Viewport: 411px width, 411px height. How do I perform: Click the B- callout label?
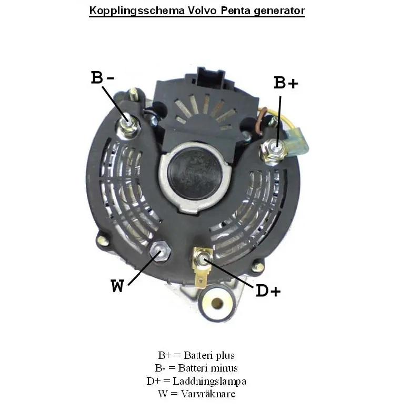(103, 78)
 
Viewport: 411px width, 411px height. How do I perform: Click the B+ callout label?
(286, 83)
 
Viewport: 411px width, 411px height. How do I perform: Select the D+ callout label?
(268, 290)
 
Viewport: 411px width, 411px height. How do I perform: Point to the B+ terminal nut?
(274, 149)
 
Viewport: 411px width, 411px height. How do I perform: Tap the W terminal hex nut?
(159, 252)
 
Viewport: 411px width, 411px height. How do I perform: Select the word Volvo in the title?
(201, 11)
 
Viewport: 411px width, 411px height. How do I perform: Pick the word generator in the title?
(277, 11)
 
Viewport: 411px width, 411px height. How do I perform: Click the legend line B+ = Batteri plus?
(196, 356)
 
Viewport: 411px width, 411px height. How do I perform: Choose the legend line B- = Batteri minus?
(196, 368)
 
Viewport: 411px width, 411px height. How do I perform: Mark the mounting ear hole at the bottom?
(217, 304)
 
